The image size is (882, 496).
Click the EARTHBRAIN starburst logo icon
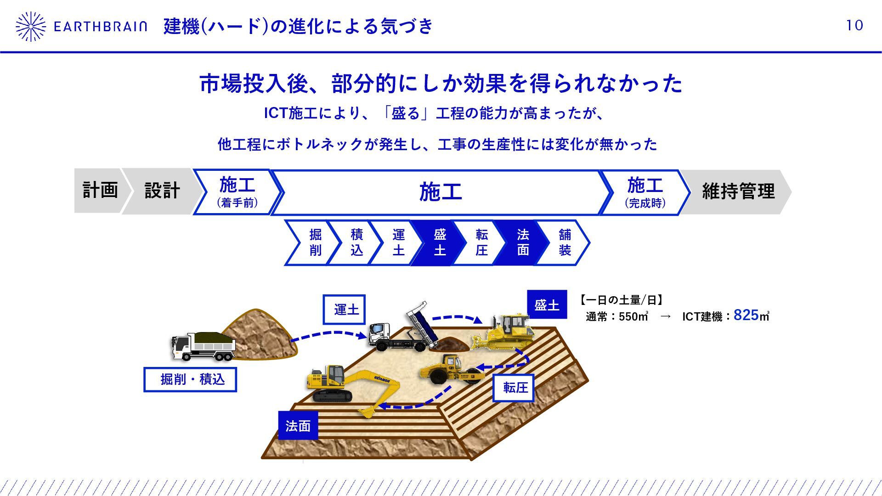[x=30, y=27]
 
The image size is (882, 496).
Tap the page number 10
[x=854, y=25]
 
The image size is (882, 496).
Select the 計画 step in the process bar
[x=100, y=191]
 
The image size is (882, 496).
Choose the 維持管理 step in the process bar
[x=738, y=192]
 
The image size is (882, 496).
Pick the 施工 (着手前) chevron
[x=237, y=192]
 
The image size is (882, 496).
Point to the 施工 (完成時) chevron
[x=645, y=192]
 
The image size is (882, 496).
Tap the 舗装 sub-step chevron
[x=565, y=242]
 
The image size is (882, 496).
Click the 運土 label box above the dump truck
[x=344, y=310]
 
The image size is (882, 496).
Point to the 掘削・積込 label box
[x=190, y=379]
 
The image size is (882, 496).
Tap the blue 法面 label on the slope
[x=298, y=426]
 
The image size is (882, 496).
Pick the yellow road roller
[x=452, y=370]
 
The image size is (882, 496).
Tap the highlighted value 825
[x=746, y=315]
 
